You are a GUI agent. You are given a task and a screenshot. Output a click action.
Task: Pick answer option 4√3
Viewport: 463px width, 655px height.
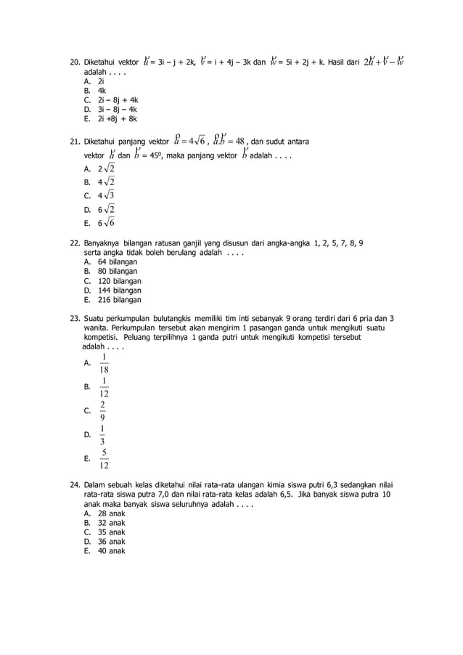[107, 195]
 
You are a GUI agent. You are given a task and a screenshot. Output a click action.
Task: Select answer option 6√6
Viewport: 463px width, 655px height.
[107, 222]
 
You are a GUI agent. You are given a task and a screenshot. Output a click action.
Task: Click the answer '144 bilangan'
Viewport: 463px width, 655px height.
[121, 290]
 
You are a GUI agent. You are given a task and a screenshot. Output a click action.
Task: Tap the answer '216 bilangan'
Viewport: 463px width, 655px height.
[121, 299]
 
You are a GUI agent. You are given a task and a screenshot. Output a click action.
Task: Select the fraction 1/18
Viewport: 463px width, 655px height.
[105, 362]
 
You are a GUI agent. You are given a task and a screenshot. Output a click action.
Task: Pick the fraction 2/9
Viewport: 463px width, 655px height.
[105, 411]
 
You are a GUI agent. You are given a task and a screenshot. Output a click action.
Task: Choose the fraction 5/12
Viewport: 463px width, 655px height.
[105, 459]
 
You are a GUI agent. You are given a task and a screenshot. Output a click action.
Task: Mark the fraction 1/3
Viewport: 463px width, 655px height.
[105, 435]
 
